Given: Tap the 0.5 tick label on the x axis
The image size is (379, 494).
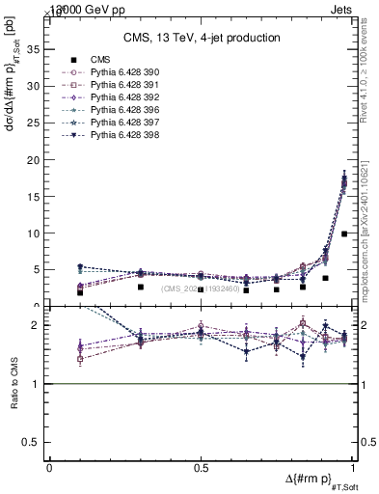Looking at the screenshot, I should (201, 467).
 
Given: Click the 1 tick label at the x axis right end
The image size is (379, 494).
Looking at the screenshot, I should (353, 467).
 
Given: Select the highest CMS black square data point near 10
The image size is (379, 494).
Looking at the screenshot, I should (344, 233).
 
